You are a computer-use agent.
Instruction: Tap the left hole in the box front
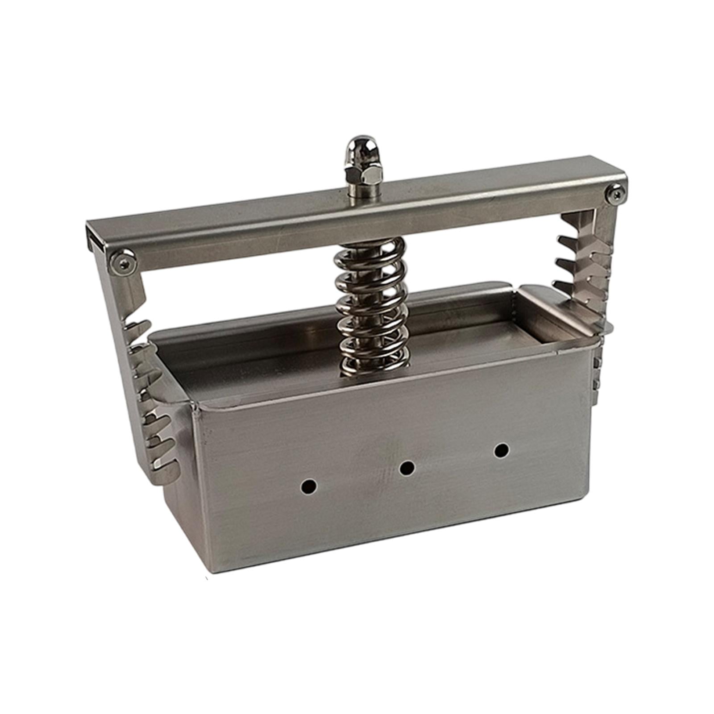tap(309, 486)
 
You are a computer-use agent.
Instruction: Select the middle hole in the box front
tap(407, 468)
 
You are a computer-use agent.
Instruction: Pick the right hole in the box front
tap(502, 450)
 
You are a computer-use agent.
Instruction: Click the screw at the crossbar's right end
tap(615, 195)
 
